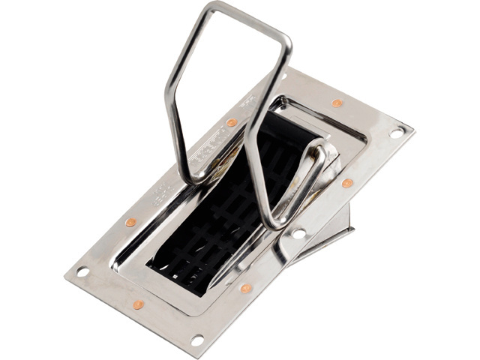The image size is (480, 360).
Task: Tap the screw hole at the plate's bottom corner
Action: click(x=197, y=340)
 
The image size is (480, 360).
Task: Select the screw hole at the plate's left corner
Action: click(x=82, y=271)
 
